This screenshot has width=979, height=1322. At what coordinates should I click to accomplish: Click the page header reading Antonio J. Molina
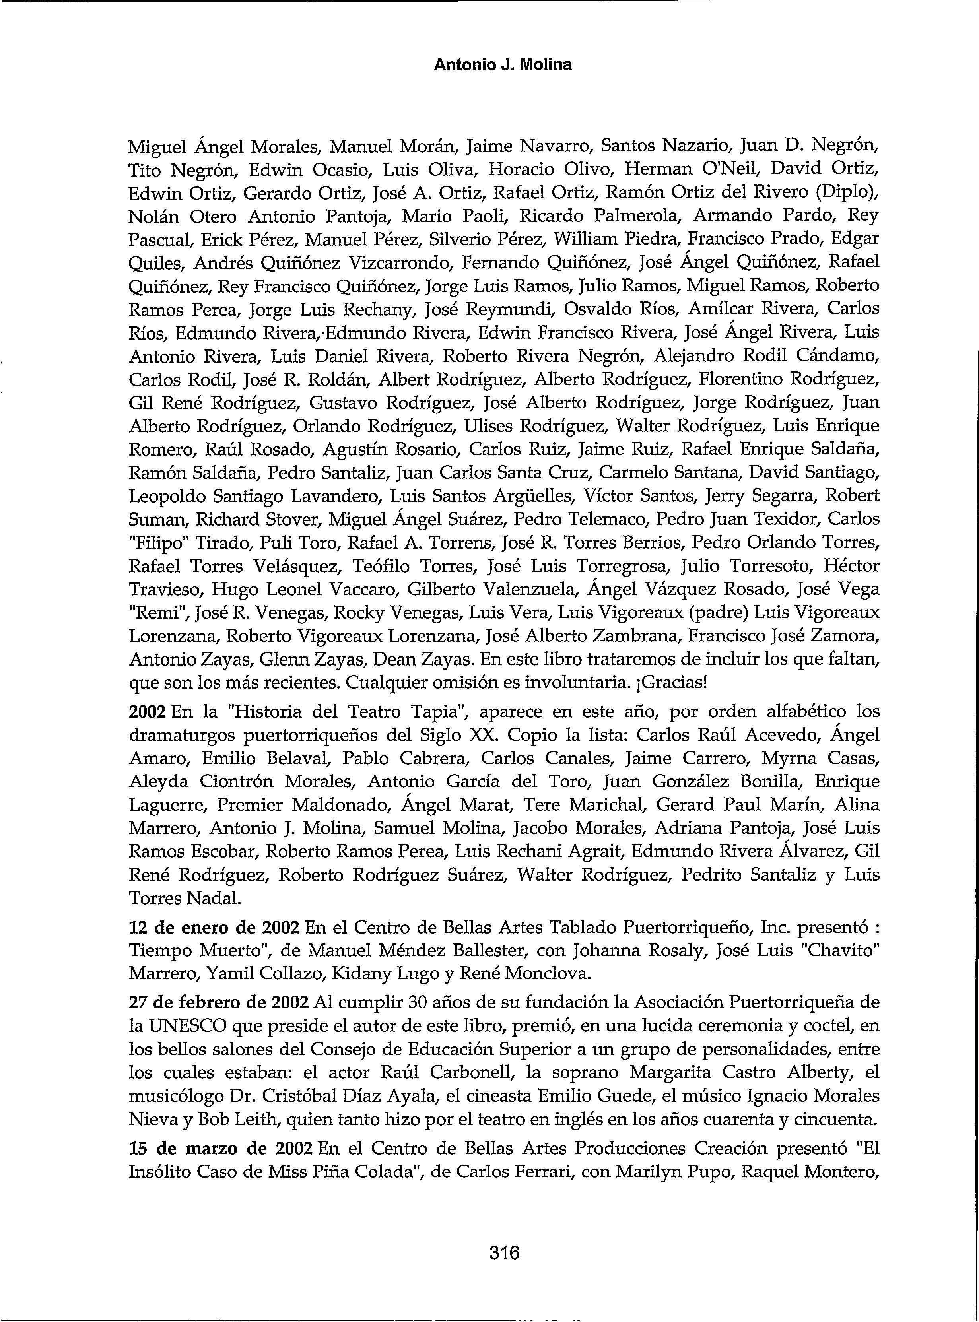[503, 64]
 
